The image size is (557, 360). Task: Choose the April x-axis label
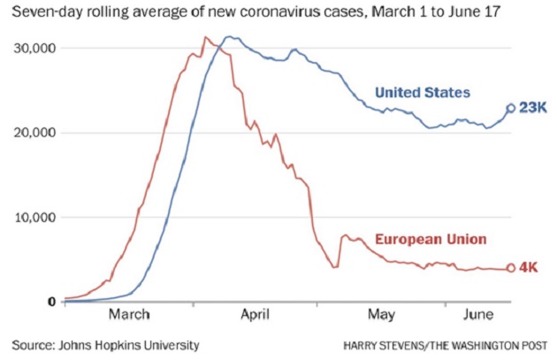255,315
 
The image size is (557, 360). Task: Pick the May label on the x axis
381,315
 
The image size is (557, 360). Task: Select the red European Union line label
431,240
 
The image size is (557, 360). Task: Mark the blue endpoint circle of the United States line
511,109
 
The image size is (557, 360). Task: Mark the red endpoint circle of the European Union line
511,269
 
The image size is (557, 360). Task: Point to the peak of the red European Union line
205,37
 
